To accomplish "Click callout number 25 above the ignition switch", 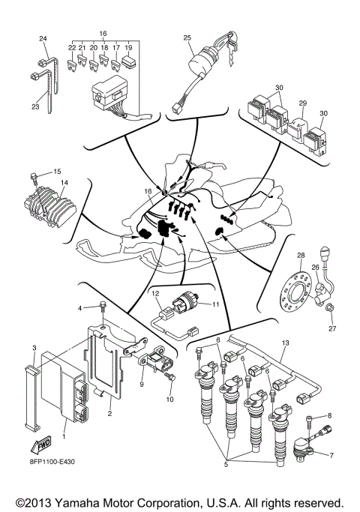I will (x=187, y=37).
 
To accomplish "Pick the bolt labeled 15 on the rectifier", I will (x=34, y=178).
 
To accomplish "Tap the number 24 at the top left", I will (x=43, y=38).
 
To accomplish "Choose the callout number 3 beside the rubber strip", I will (x=34, y=348).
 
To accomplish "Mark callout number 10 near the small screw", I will (x=169, y=400).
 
